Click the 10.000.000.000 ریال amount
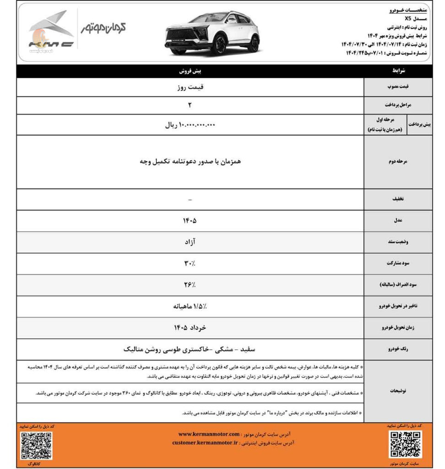(190, 125)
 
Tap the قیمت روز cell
(190, 87)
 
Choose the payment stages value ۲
(190, 105)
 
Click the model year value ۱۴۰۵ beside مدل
(190, 220)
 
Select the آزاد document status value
(190, 241)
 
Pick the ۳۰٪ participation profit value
(190, 263)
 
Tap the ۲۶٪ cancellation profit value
(190, 285)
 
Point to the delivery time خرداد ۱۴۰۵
(190, 328)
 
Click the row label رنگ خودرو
(397, 349)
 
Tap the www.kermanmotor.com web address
(209, 434)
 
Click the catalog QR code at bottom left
(36, 446)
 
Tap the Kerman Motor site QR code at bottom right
(405, 444)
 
